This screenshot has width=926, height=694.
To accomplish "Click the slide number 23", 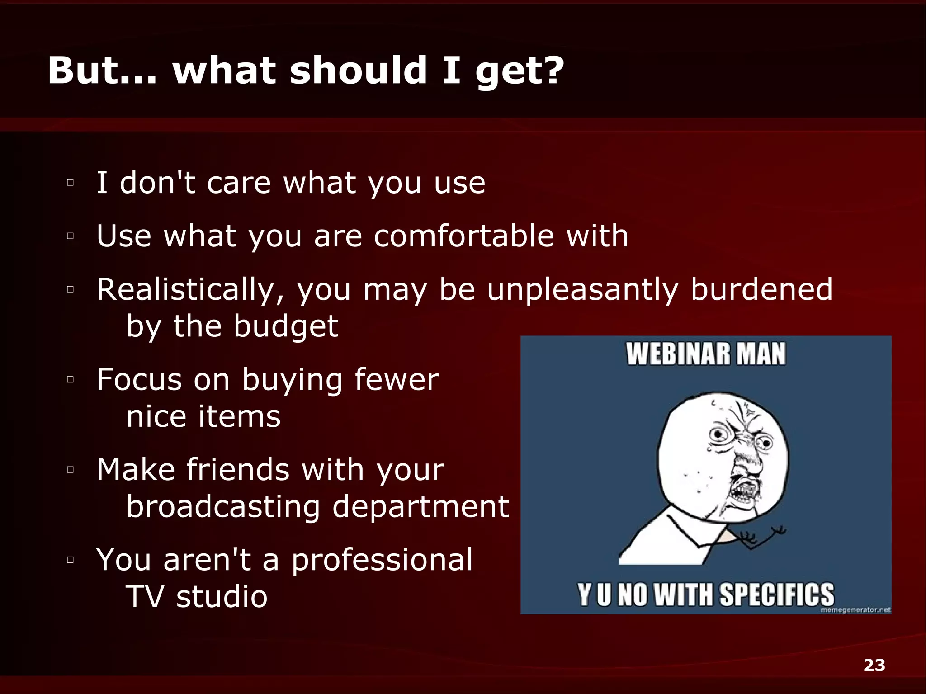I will [874, 665].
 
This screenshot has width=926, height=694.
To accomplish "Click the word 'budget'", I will [286, 326].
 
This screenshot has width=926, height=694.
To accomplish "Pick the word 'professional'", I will [382, 559].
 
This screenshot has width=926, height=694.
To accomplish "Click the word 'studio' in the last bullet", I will [222, 596].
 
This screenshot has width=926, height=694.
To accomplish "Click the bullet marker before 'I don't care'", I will [70, 183].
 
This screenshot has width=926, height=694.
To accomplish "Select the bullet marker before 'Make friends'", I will [70, 470].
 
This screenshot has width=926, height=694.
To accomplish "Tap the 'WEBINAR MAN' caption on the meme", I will [706, 354].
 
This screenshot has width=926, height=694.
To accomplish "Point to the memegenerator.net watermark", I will [855, 610].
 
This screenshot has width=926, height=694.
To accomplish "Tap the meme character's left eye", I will [718, 434].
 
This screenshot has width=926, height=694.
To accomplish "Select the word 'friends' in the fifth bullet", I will [238, 469].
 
